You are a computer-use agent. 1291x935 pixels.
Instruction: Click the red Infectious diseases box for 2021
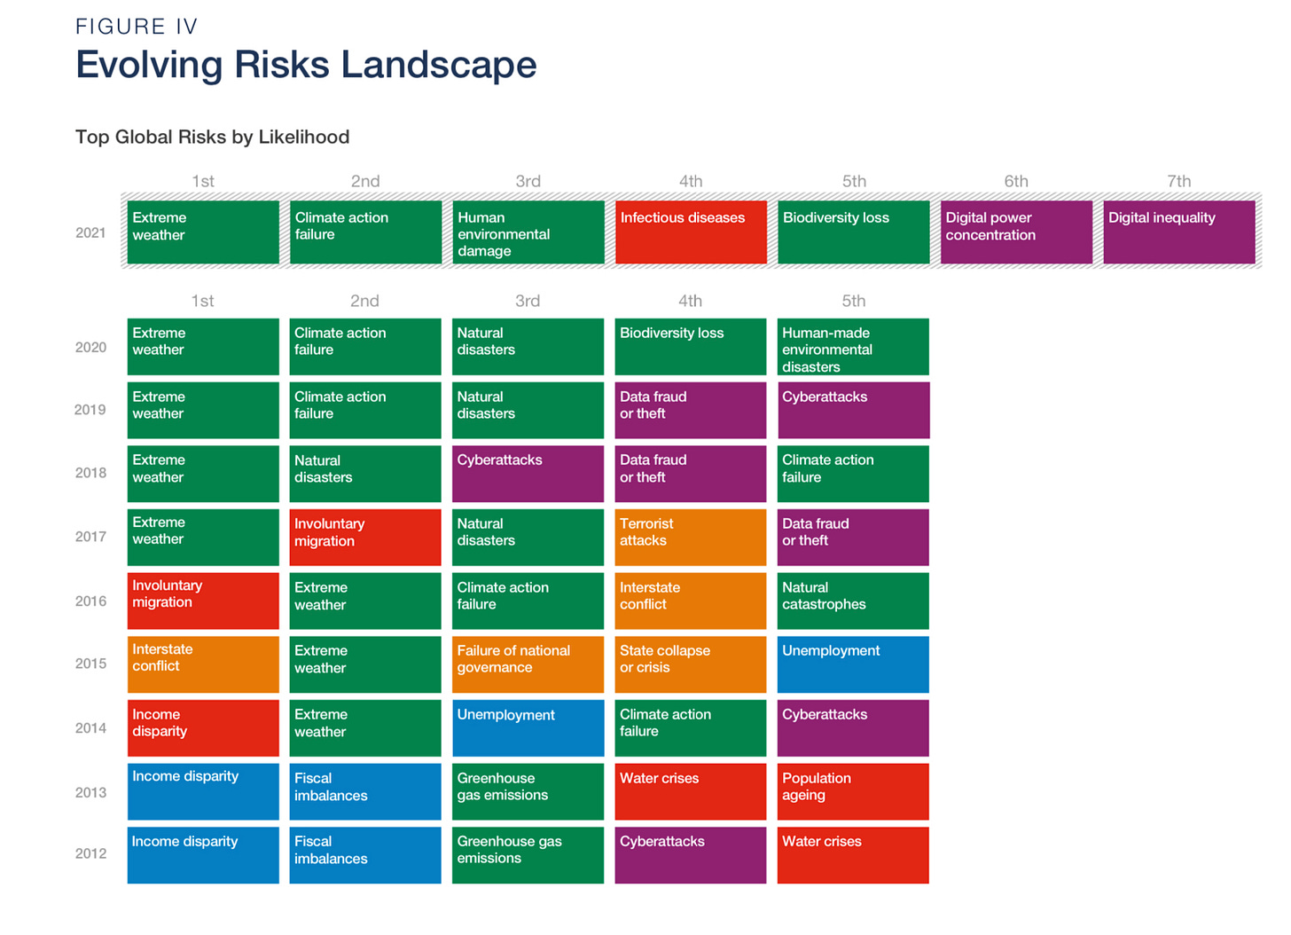691,232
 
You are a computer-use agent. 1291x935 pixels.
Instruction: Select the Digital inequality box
1179,232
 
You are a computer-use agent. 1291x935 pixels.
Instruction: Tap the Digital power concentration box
1017,232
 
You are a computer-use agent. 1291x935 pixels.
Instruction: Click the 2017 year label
90,537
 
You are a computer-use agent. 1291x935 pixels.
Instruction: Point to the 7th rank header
1179,181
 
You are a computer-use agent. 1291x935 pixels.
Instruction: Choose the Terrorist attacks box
691,538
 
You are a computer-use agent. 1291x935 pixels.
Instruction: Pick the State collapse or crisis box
691,664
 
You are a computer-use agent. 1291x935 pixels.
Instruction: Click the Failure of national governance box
528,664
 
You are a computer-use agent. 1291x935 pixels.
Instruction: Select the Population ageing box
853,792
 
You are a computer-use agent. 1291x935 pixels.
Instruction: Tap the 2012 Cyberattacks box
691,855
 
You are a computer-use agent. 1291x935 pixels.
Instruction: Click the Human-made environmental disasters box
853,347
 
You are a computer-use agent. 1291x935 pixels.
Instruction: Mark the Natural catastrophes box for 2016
853,601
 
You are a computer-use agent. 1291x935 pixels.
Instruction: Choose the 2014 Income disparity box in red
203,728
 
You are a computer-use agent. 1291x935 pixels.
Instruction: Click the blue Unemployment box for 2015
853,664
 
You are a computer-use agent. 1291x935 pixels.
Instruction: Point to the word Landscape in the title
439,64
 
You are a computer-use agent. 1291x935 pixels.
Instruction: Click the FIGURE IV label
137,27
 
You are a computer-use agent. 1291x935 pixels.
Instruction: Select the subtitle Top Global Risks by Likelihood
213,137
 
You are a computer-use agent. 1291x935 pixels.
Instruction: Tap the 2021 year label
90,232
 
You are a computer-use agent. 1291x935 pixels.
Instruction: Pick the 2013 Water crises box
691,792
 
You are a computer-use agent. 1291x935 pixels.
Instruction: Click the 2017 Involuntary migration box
365,538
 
